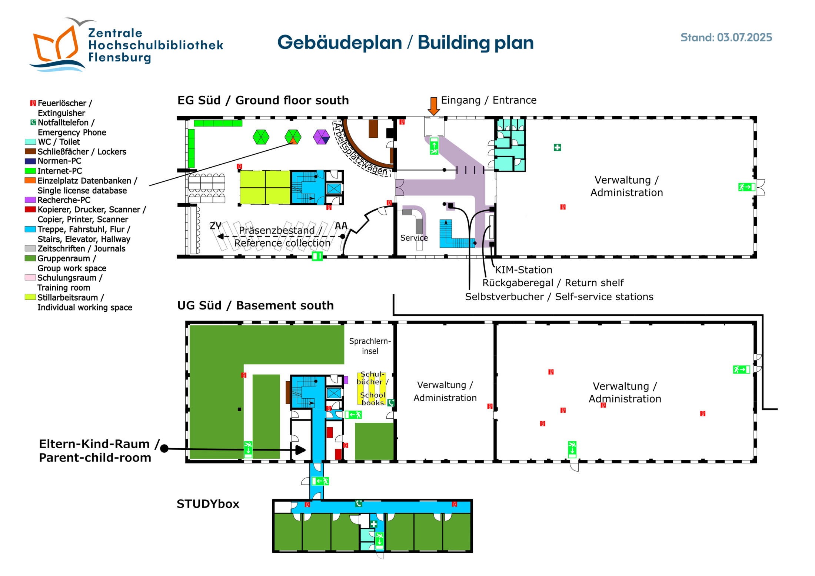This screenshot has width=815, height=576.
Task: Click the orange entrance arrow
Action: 433,106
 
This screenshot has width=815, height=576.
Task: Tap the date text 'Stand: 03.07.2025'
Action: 726,37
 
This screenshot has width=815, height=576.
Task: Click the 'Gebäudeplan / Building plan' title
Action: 405,42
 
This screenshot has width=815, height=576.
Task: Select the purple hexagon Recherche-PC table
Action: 321,137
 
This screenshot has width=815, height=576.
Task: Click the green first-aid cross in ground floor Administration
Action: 557,147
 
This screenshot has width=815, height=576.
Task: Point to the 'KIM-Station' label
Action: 523,270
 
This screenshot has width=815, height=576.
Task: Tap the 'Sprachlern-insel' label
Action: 370,346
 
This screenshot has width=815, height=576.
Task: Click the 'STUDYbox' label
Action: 208,504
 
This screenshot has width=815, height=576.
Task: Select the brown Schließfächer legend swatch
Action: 30,151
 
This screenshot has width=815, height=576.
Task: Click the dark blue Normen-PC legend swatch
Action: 30,161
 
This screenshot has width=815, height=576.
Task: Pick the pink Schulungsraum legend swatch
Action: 30,278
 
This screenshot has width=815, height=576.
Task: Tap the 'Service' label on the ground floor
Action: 414,238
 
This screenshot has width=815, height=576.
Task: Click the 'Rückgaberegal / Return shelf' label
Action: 553,283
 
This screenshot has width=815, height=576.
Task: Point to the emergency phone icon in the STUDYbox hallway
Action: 359,503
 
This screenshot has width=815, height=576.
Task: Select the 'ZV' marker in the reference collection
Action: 215,225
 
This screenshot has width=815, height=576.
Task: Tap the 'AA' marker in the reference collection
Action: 341,225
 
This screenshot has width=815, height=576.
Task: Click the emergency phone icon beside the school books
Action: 391,403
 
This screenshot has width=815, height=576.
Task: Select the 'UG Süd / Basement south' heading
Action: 255,305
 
